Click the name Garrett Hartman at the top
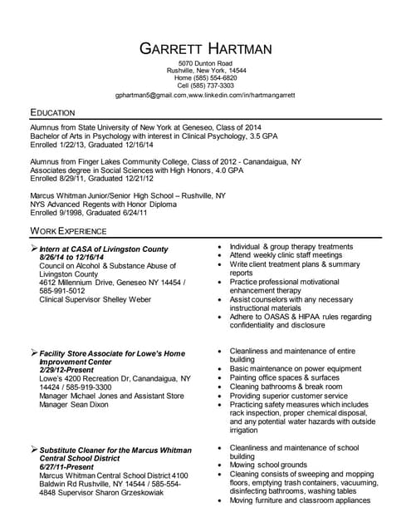pyautogui.click(x=205, y=48)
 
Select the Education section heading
pyautogui.click(x=52, y=111)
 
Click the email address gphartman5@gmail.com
pyautogui.click(x=151, y=96)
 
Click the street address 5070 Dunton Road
pyautogui.click(x=205, y=63)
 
